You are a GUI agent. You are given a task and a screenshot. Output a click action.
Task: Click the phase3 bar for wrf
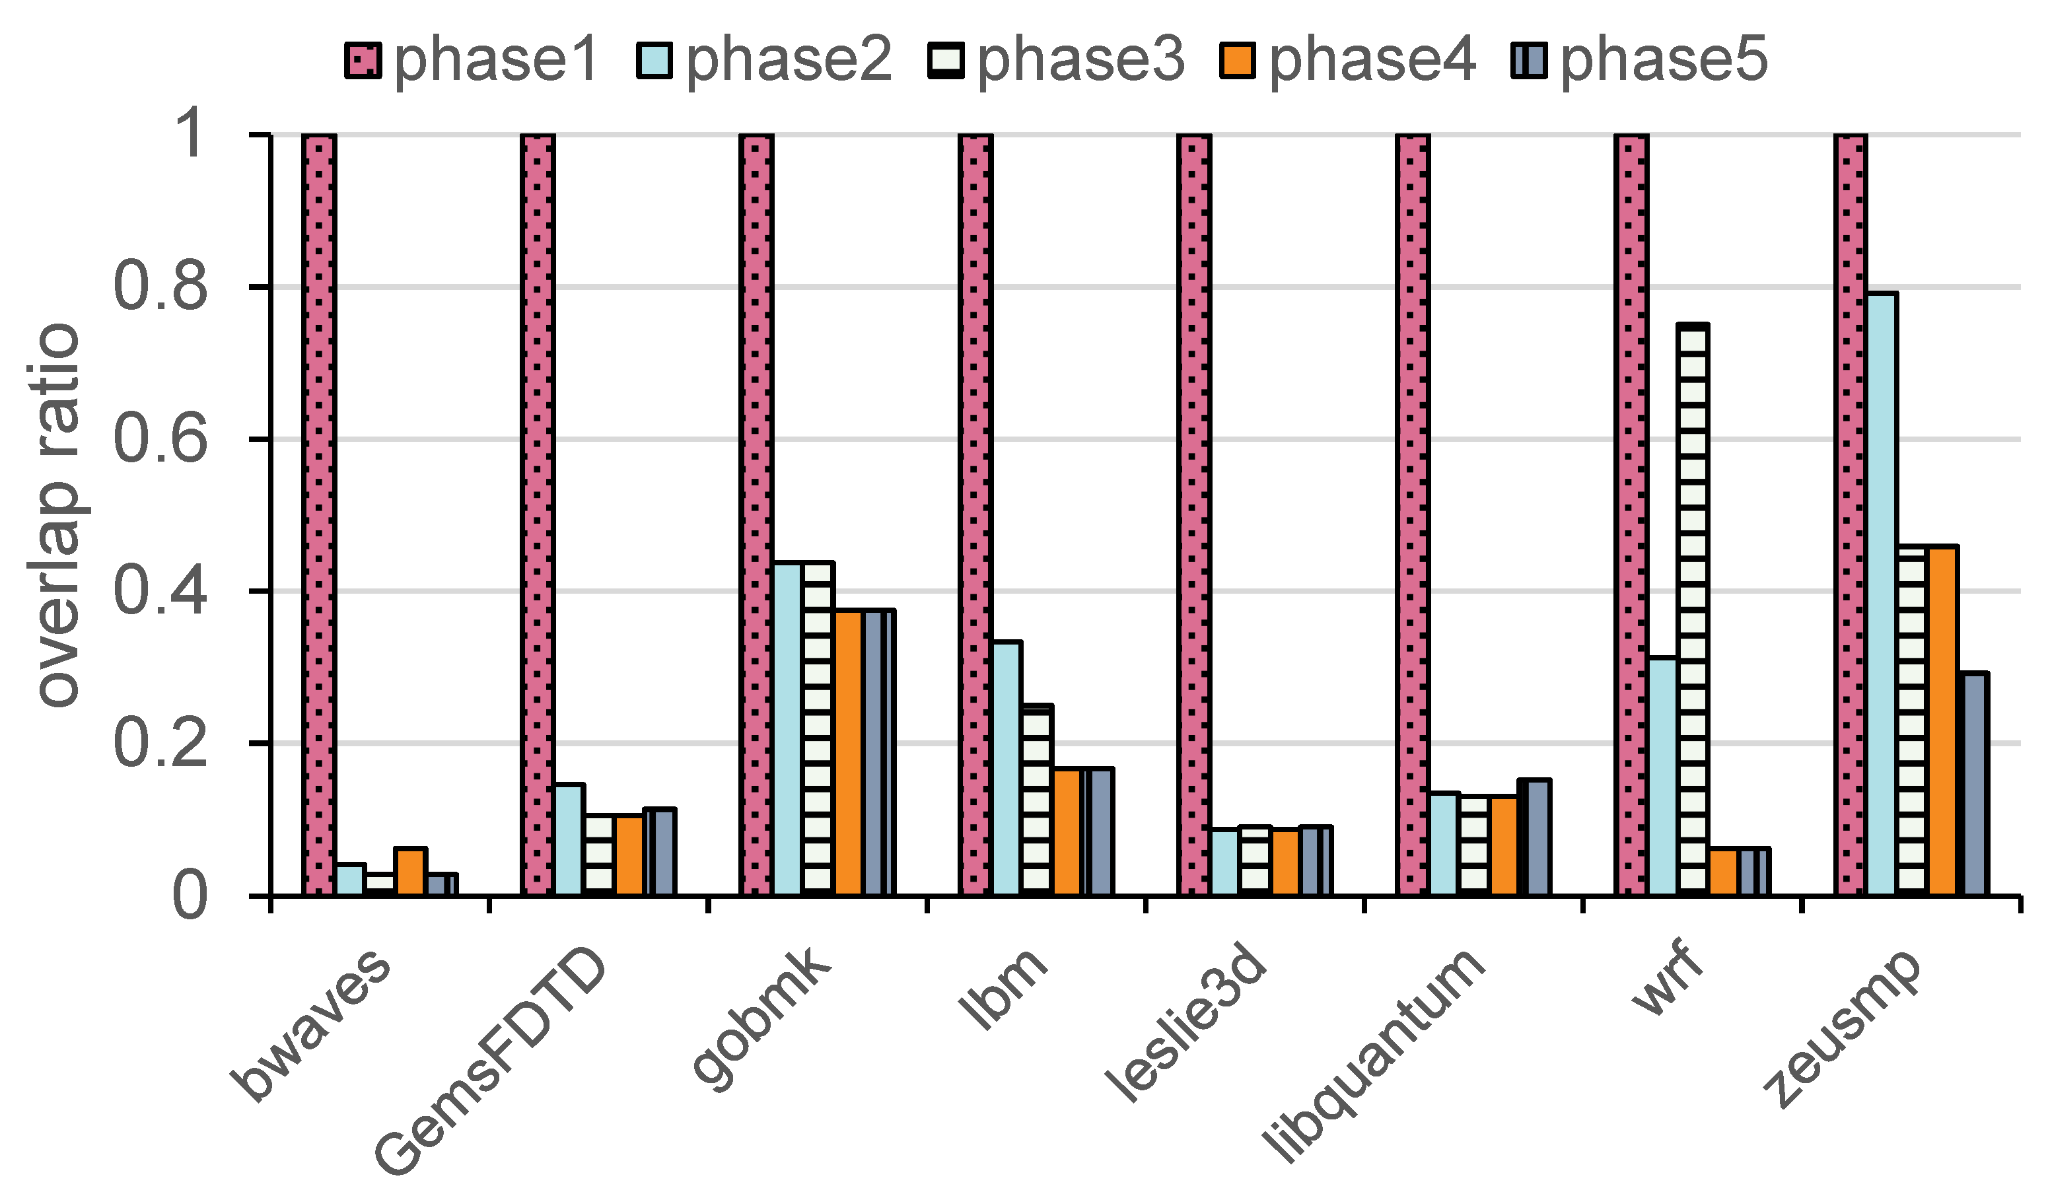[1693, 610]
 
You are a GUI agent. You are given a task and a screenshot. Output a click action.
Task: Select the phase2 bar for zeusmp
[1882, 594]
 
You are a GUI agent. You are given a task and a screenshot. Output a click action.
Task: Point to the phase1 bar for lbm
[975, 515]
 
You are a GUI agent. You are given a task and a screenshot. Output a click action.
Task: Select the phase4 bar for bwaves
[410, 871]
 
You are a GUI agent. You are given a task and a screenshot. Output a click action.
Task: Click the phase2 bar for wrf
[1663, 777]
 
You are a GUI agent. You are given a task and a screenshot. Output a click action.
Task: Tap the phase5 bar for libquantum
[1536, 837]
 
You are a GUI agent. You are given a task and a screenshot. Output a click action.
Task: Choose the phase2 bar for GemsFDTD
[569, 840]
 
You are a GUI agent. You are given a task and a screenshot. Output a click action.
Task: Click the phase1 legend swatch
[363, 60]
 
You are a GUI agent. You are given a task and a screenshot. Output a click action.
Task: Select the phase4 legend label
[1372, 60]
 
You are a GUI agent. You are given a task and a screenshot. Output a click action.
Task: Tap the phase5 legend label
[1664, 60]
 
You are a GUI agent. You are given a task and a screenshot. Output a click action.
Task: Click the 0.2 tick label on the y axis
[160, 744]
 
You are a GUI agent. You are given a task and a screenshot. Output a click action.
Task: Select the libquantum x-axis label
[1374, 1056]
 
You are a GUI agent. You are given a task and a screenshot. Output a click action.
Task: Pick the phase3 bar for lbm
[1036, 800]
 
